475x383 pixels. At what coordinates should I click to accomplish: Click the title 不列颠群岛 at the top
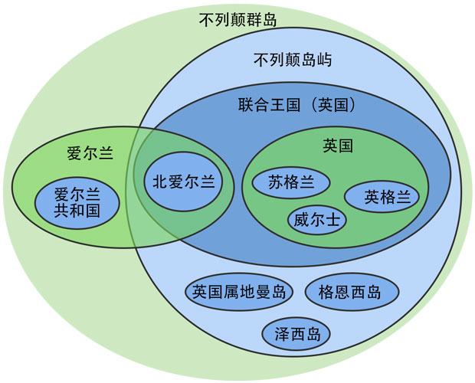[x=237, y=18]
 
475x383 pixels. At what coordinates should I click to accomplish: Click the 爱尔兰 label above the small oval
[x=90, y=153]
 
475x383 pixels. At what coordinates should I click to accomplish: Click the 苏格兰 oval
[x=291, y=183]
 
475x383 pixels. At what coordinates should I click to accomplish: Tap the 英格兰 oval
[x=382, y=197]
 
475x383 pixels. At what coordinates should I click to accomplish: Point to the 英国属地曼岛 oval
[x=239, y=292]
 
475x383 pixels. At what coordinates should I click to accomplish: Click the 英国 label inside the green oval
[x=338, y=145]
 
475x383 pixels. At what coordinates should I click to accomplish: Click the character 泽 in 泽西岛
[x=282, y=334]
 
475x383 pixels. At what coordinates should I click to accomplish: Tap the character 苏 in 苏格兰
[x=276, y=183]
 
